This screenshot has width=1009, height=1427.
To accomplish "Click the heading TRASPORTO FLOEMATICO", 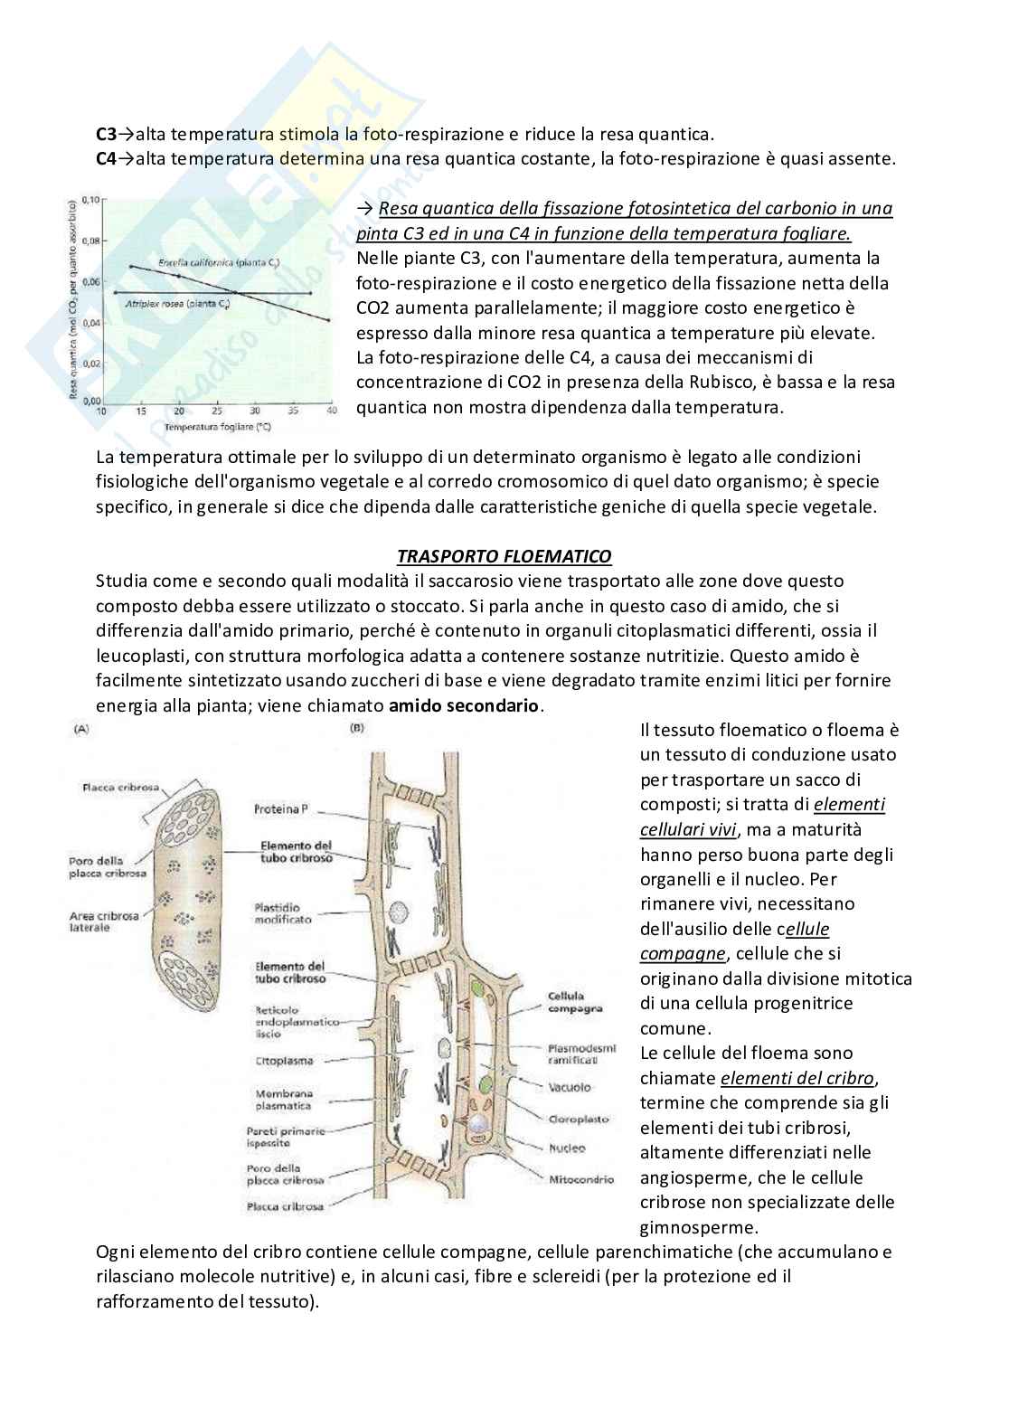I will pyautogui.click(x=504, y=556).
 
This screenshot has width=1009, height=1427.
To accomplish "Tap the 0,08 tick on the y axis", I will pyautogui.click(x=90, y=241).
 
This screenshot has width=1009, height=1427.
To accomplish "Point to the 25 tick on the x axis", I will pyautogui.click(x=217, y=411).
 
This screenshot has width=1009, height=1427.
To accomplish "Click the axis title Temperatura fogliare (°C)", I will pyautogui.click(x=213, y=424).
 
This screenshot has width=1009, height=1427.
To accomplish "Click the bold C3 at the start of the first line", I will pyautogui.click(x=107, y=135).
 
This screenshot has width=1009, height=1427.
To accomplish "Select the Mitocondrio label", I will pyautogui.click(x=580, y=1179).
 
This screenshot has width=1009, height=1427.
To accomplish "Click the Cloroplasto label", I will pyautogui.click(x=579, y=1119).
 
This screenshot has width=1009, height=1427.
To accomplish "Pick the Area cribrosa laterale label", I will pyautogui.click(x=104, y=921).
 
